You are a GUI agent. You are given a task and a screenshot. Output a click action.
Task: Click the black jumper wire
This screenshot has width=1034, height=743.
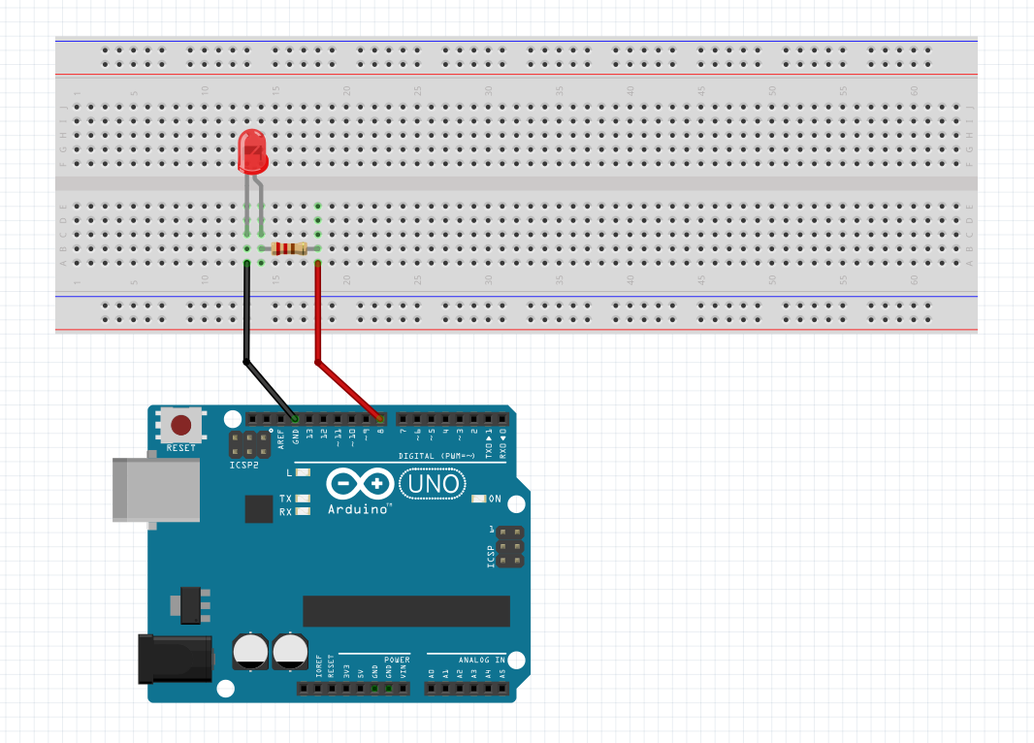[x=247, y=320]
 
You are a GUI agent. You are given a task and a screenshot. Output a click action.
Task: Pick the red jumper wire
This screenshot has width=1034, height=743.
[x=317, y=320]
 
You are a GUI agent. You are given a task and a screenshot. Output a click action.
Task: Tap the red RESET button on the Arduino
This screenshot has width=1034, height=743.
[x=180, y=425]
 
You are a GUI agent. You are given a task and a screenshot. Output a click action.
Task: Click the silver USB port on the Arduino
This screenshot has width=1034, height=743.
[x=132, y=489]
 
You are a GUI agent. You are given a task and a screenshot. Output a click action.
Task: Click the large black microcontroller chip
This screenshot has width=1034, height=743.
[x=405, y=611]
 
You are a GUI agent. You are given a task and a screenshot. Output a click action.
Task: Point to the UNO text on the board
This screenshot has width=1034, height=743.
[x=434, y=482]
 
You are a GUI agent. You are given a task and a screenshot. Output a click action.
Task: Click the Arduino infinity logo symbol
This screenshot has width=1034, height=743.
[x=360, y=483]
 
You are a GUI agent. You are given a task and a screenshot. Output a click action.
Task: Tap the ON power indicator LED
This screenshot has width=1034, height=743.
[x=478, y=499]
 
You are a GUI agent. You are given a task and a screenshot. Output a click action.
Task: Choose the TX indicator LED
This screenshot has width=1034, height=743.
[x=304, y=499]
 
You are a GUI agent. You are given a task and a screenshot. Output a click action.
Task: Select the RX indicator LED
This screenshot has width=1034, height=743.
[x=304, y=511]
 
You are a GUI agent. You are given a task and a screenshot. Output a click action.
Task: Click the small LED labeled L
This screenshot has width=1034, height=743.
[x=304, y=472]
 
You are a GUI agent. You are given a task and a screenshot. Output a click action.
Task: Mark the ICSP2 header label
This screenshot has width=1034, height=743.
[x=243, y=466]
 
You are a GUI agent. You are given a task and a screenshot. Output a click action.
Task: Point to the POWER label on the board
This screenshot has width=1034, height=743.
[x=397, y=659]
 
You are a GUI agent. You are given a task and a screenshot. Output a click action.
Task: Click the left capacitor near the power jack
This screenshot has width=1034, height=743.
[x=251, y=651]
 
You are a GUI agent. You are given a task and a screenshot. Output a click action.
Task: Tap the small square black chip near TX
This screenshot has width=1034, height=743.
[x=258, y=508]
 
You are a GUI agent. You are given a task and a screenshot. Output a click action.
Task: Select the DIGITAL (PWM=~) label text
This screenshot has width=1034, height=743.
[x=436, y=456]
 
